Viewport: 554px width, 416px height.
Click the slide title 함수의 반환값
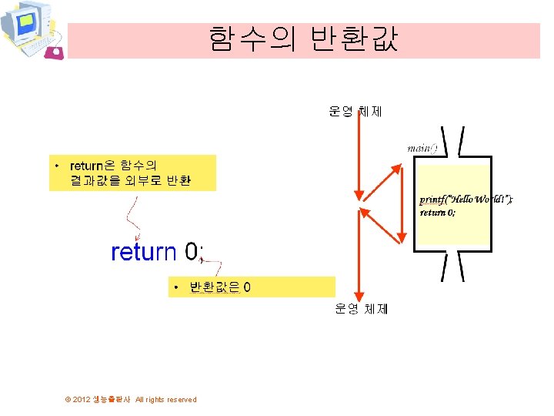click(303, 39)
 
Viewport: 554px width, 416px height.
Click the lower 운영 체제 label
click(362, 309)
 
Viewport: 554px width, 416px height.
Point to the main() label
click(422, 147)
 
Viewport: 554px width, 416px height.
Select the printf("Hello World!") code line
click(466, 200)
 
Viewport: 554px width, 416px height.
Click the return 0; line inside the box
click(437, 213)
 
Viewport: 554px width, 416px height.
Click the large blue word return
click(144, 252)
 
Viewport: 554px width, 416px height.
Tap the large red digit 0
click(192, 252)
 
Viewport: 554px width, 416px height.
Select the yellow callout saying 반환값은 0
click(252, 287)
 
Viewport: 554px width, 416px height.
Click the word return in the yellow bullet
click(87, 166)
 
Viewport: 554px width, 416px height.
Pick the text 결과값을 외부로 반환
click(131, 182)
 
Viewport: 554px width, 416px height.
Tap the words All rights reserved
click(165, 399)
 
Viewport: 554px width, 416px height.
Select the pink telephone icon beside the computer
click(54, 52)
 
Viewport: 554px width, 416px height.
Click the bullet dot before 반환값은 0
click(177, 288)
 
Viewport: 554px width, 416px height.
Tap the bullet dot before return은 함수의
click(56, 166)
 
